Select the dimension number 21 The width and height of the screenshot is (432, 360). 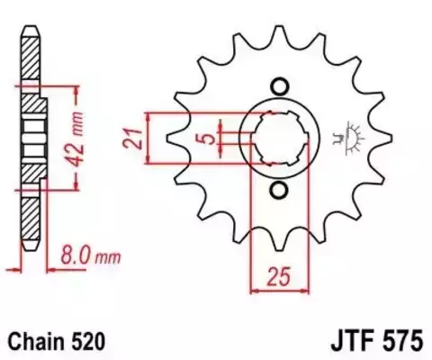[x=130, y=139]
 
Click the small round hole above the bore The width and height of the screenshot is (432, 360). [x=278, y=87]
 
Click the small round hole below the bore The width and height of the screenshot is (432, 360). [x=278, y=190]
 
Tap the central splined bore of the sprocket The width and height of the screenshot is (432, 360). [x=278, y=139]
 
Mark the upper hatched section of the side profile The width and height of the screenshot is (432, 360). [x=32, y=67]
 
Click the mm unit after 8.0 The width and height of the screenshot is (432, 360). [x=107, y=258]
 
